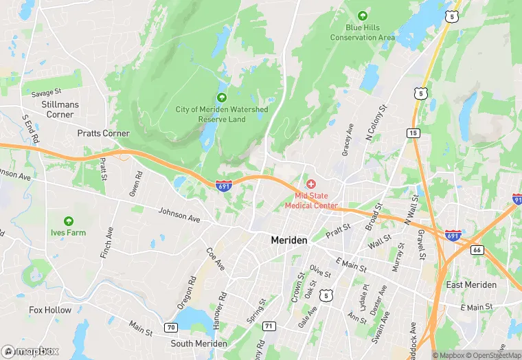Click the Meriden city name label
pyautogui.click(x=290, y=240)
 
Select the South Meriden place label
pyautogui.click(x=198, y=343)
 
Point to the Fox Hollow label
pyautogui.click(x=50, y=310)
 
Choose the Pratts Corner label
pyautogui.click(x=104, y=133)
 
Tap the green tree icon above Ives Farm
pyautogui.click(x=68, y=221)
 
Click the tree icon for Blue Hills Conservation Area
pyautogui.click(x=362, y=16)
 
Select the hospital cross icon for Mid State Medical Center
pyautogui.click(x=311, y=183)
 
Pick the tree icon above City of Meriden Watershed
pyautogui.click(x=221, y=98)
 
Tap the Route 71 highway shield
pyautogui.click(x=269, y=326)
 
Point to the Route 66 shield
pyautogui.click(x=477, y=249)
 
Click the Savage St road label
pyautogui.click(x=47, y=91)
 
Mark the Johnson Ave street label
pyautogui.click(x=179, y=215)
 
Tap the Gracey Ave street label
pyautogui.click(x=348, y=140)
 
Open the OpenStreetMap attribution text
pyautogui.click(x=492, y=355)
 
